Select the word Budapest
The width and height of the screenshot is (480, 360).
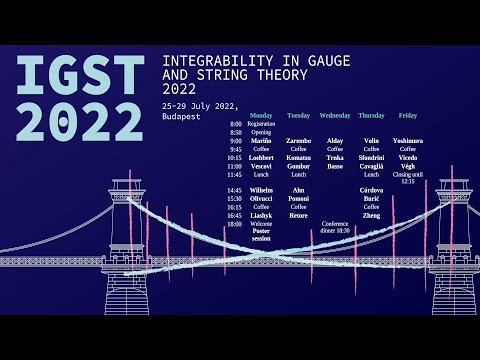coord(181,116)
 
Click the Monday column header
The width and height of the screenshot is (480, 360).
coord(261,115)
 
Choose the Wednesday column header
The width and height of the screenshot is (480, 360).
coord(334,115)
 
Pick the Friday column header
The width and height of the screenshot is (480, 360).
coord(407,115)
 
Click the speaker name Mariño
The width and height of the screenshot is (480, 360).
coord(261,141)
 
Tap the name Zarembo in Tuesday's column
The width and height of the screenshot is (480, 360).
coord(298,141)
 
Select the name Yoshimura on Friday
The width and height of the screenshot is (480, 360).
coord(407,141)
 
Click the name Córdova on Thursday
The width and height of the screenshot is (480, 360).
coord(371,190)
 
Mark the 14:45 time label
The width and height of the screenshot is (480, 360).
coord(234,190)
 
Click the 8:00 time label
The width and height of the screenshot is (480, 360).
coord(236,124)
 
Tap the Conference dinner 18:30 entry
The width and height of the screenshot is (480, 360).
coord(336,227)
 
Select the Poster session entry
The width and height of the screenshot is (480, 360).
coord(261,236)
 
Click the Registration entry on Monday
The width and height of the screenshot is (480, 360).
coord(261,124)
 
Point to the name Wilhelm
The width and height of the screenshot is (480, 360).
coord(261,190)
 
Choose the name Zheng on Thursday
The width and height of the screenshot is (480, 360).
coord(371,215)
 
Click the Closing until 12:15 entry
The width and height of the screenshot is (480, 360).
coord(407,178)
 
